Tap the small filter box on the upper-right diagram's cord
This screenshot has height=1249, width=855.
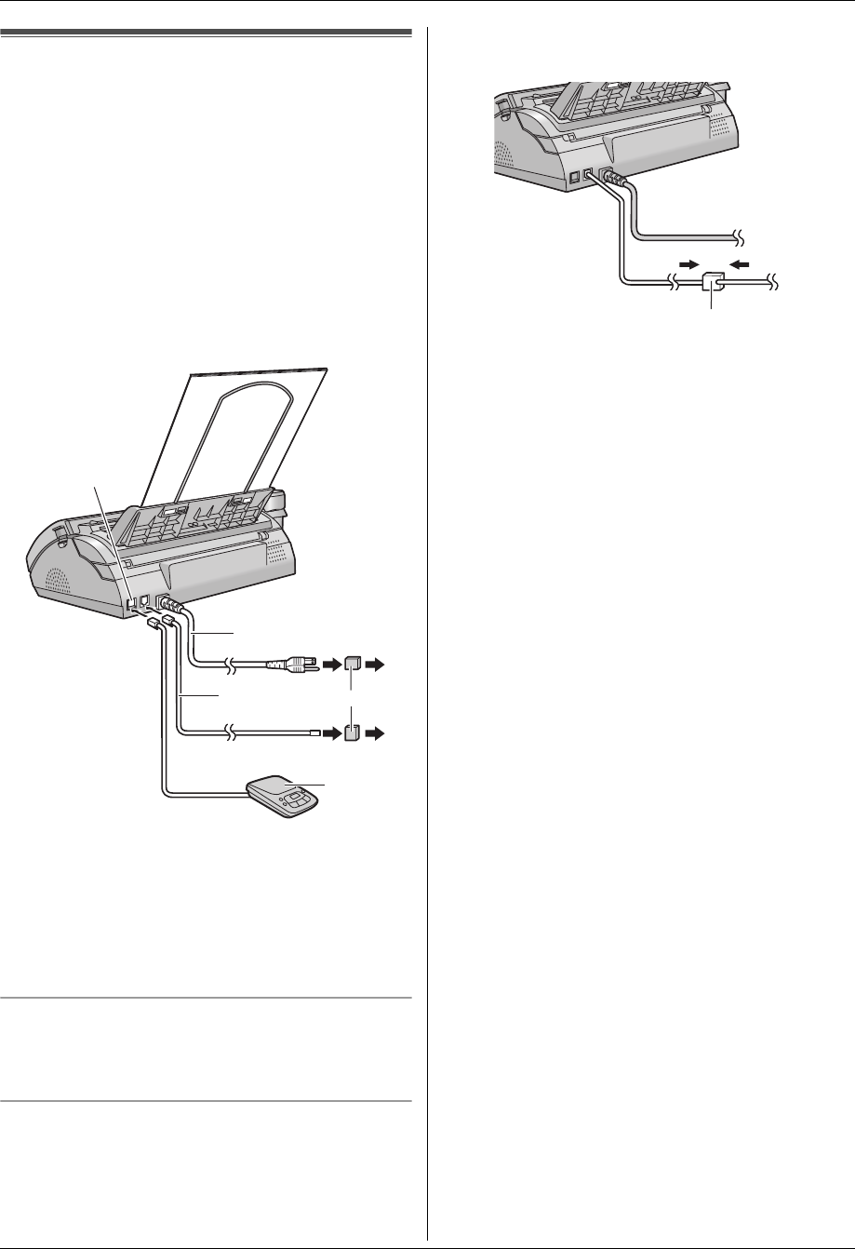[x=714, y=280]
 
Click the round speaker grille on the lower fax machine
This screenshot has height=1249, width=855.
[x=48, y=584]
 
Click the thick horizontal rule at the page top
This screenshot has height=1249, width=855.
[x=206, y=33]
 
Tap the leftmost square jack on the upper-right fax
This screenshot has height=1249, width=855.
[x=575, y=175]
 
